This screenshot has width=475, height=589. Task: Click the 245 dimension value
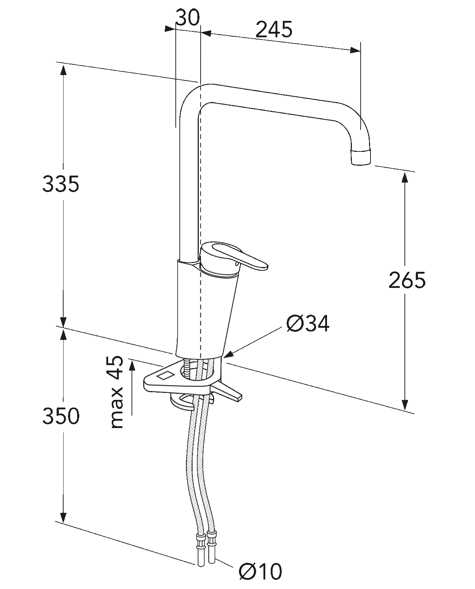pos(274,30)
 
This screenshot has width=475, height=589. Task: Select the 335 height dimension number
pos(61,184)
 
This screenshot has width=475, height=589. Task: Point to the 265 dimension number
pos(407,280)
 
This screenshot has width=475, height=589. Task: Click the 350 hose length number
pos(61,416)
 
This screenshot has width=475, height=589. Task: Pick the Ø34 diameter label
pos(308,323)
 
